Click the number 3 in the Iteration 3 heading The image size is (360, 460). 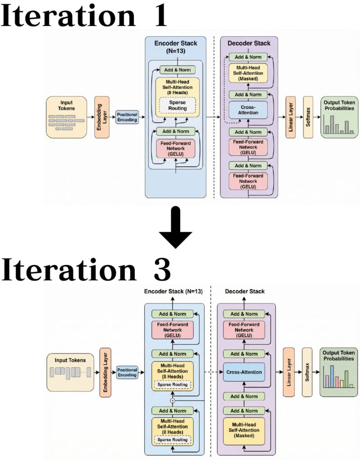click(160, 270)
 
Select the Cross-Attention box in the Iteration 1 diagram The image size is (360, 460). click(248, 109)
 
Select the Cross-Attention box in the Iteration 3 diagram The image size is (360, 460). click(242, 372)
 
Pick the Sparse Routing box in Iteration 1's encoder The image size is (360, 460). click(178, 105)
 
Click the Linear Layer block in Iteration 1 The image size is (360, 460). click(291, 117)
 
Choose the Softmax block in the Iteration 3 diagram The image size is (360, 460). click(307, 372)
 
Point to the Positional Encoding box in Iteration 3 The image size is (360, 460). click(127, 372)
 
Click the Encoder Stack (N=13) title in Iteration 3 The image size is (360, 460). click(173, 292)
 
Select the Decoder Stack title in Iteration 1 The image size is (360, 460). click(249, 44)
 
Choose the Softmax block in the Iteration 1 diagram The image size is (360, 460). click(308, 117)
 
